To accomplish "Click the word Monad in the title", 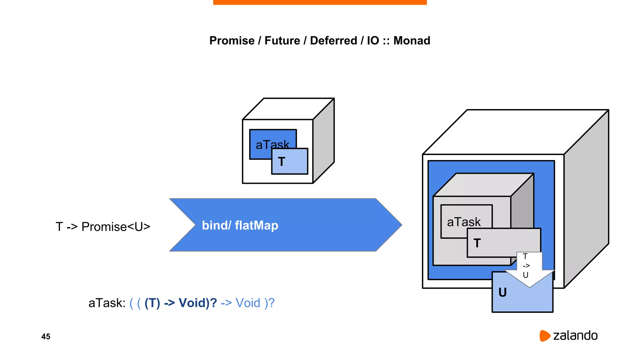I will coord(412,41).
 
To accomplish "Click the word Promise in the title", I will coord(232,41).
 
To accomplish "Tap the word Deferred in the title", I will coord(333,41).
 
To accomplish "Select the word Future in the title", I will coord(282,41).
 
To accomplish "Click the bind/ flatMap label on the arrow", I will coord(240,225).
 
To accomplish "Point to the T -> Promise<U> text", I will coord(103,227).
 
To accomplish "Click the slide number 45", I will coord(46,337).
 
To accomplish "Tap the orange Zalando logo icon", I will coord(544,336).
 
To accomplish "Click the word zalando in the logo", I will coord(575,336).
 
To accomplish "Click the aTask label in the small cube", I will coord(266,144).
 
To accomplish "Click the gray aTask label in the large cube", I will coord(464,222).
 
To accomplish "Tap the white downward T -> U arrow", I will coord(529,269).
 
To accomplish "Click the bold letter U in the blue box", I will coord(502,292).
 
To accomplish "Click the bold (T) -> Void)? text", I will coord(181,303).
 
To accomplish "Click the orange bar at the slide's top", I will coord(320,2).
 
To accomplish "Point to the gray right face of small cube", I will coord(324,141).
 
